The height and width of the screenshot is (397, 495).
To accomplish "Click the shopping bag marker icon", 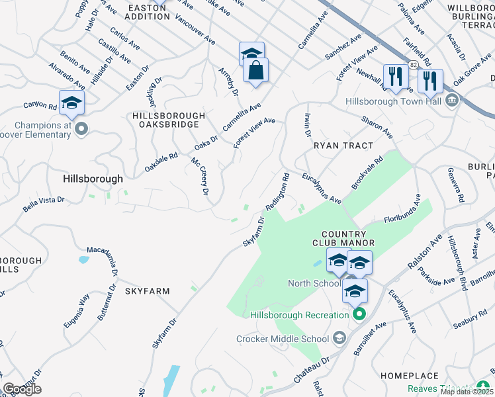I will pyautogui.click(x=255, y=70).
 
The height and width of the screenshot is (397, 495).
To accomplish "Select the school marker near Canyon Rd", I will pyautogui.click(x=71, y=103).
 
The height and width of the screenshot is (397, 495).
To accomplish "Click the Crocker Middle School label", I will pyautogui.click(x=283, y=339).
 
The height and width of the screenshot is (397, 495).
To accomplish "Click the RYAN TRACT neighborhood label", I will pyautogui.click(x=343, y=145).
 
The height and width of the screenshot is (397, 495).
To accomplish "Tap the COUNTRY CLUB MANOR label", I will pyautogui.click(x=343, y=238).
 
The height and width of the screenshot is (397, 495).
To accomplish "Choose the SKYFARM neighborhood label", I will pyautogui.click(x=148, y=290).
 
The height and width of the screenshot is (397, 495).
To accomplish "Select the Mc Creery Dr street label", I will pyautogui.click(x=200, y=176).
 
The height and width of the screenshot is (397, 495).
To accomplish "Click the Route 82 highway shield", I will pyautogui.click(x=413, y=64).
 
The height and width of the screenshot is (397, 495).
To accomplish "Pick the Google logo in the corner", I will pyautogui.click(x=22, y=389).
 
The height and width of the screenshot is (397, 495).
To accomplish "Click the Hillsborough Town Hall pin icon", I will pyautogui.click(x=452, y=101).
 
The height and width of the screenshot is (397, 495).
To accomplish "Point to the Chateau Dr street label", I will pyautogui.click(x=312, y=369).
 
